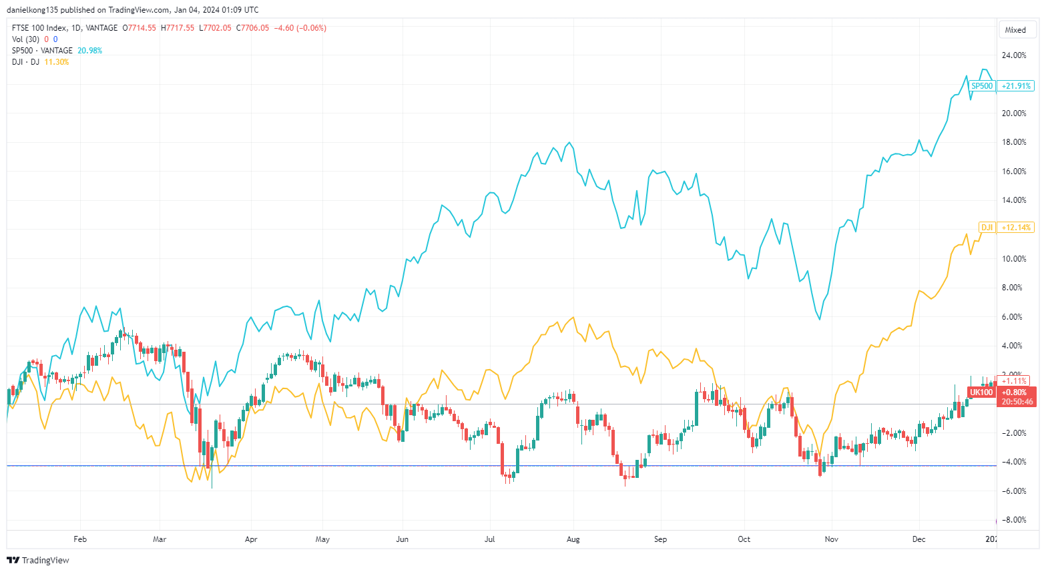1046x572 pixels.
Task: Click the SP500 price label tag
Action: pyautogui.click(x=982, y=86)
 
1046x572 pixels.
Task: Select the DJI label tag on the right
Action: pyautogui.click(x=987, y=228)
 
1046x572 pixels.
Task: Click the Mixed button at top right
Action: pyautogui.click(x=1015, y=30)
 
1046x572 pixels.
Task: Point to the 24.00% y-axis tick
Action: pyautogui.click(x=1015, y=55)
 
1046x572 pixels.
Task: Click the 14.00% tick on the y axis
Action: pyautogui.click(x=1015, y=200)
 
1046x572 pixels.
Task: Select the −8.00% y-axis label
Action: pyautogui.click(x=1015, y=520)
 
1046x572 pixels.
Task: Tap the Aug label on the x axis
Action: pyautogui.click(x=573, y=539)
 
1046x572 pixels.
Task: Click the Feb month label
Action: pyautogui.click(x=80, y=539)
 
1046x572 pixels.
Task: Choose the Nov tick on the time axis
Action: pyautogui.click(x=831, y=539)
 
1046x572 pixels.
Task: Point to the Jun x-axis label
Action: pyautogui.click(x=402, y=539)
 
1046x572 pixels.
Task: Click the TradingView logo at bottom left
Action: pyautogui.click(x=38, y=560)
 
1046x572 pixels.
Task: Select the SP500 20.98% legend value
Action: pyautogui.click(x=90, y=51)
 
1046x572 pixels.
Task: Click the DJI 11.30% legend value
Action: pyautogui.click(x=57, y=62)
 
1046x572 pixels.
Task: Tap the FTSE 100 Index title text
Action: pyautogui.click(x=39, y=28)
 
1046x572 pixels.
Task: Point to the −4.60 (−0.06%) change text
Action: pyautogui.click(x=300, y=28)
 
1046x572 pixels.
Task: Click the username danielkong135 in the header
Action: pyautogui.click(x=33, y=10)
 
